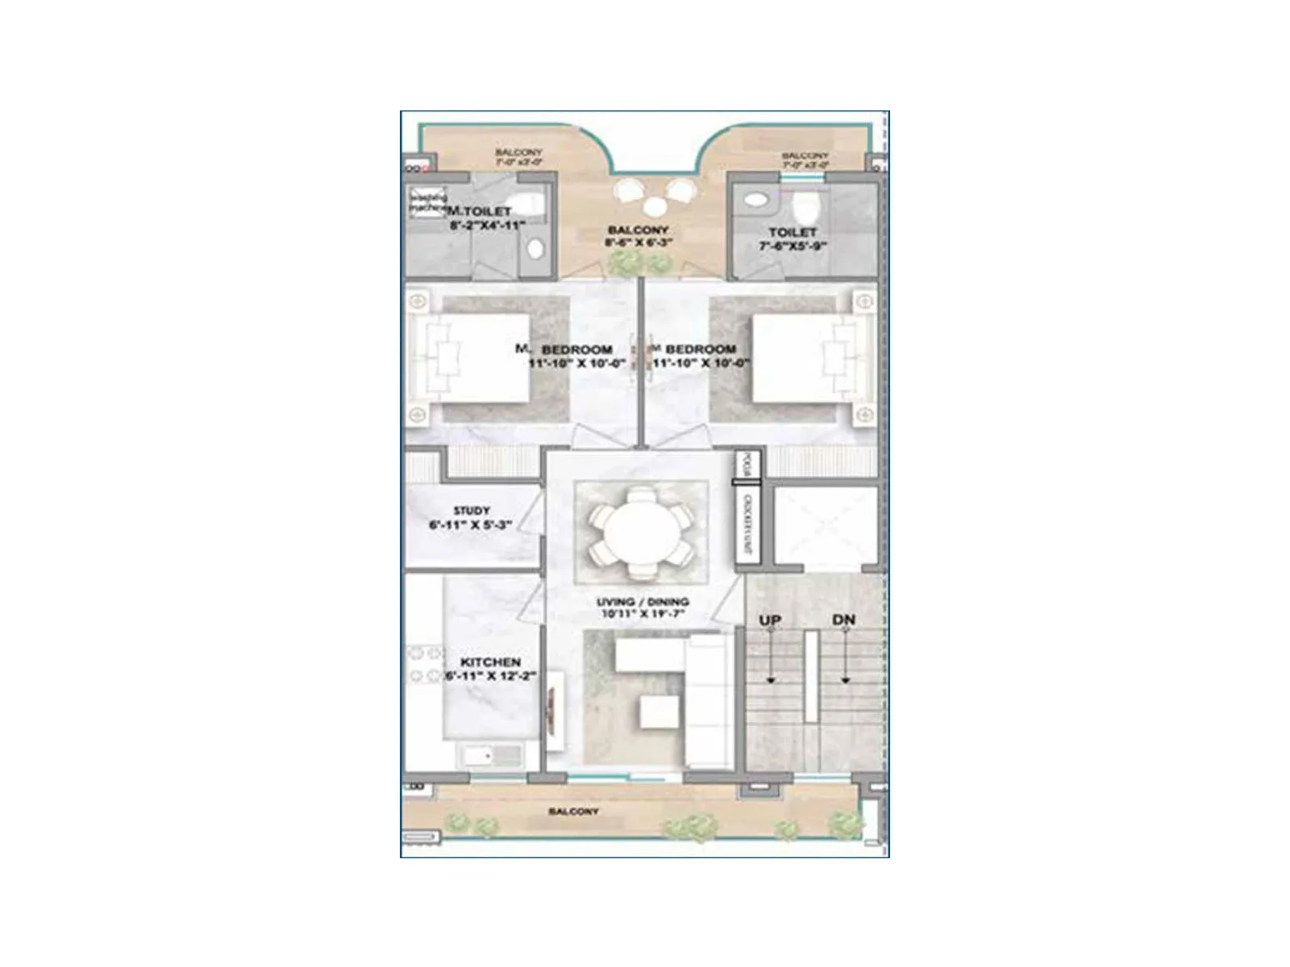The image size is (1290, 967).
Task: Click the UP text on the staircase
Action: coord(770,620)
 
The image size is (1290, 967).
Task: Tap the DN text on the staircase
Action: coord(843,620)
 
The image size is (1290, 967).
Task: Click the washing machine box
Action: coord(427,201)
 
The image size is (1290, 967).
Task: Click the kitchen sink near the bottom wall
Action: coord(490,756)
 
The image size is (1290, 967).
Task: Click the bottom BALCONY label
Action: coord(573,811)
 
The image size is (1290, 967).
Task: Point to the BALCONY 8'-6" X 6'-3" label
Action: coord(639,236)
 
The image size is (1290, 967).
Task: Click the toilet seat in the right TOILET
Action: coord(805,208)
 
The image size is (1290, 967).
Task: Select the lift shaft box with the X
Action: coord(825,528)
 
